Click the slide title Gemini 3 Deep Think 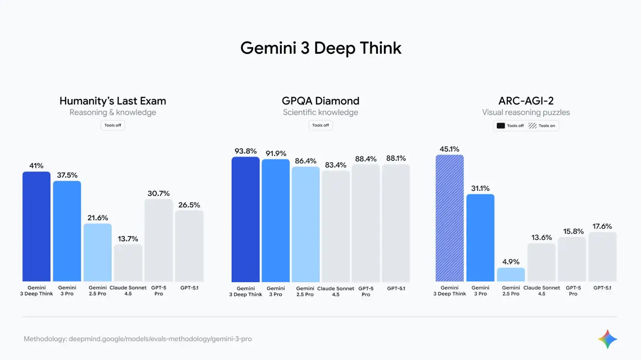(320, 48)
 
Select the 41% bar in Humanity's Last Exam (36, 227)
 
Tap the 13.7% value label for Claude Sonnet (128, 239)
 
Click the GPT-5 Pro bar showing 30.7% (159, 241)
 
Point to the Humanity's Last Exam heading (113, 101)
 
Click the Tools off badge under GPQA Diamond (320, 125)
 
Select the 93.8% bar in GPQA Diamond (246, 220)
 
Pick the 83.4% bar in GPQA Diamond (336, 227)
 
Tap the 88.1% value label (396, 158)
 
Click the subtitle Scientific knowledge (320, 113)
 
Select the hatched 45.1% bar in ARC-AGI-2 (450, 218)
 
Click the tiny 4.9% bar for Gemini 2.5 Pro (511, 275)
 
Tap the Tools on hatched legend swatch (532, 126)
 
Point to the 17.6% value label (602, 227)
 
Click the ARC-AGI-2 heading (526, 101)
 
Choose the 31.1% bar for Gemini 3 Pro (480, 238)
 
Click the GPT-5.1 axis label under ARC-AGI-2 (602, 288)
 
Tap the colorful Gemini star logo (607, 339)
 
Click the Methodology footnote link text (138, 339)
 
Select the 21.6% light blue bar (98, 253)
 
